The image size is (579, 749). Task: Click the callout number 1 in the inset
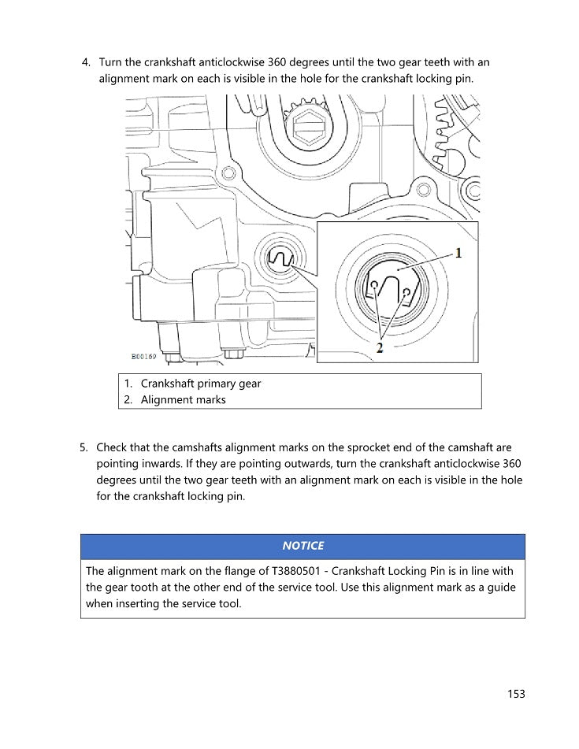(459, 254)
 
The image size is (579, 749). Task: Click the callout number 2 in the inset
(380, 347)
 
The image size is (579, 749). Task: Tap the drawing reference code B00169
(143, 356)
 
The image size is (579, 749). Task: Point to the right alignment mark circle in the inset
(406, 293)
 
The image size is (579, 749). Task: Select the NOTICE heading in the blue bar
(302, 546)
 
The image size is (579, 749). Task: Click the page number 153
(516, 694)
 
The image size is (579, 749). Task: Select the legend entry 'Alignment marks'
(184, 399)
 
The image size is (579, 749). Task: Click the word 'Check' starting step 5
(112, 447)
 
